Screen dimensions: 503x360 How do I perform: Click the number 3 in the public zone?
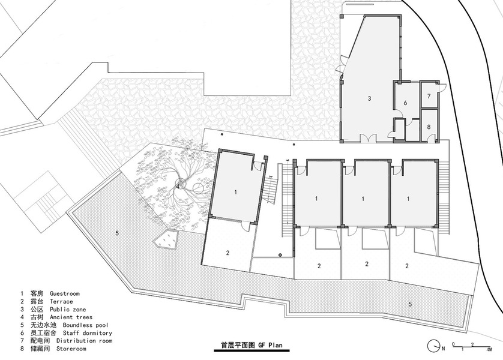point(369,98)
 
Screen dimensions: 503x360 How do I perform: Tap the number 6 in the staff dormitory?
point(406,103)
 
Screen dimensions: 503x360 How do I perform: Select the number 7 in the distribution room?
point(429,96)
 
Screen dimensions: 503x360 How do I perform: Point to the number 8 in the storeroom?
point(429,127)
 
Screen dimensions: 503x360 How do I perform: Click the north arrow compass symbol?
point(434,346)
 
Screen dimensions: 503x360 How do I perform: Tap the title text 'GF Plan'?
point(271,345)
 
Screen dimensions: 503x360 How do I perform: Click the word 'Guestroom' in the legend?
point(64,293)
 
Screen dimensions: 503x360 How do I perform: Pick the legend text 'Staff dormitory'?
point(87,333)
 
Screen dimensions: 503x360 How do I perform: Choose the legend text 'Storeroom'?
point(71,349)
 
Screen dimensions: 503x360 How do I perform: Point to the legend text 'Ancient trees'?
point(71,317)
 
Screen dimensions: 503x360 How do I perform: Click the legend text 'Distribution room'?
point(84,340)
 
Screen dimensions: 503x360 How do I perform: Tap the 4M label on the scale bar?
point(489,349)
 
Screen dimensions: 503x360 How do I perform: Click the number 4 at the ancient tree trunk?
point(178,186)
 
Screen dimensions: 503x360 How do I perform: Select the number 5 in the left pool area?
point(117,233)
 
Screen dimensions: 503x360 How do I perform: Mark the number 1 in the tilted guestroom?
point(236,193)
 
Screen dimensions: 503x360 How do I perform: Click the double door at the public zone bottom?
point(367,138)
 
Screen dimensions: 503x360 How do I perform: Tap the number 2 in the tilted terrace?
point(227,253)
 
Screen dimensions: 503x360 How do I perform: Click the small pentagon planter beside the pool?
point(166,239)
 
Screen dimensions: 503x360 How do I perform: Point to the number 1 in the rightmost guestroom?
point(408,199)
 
